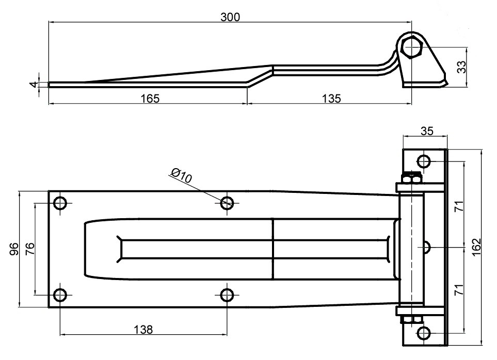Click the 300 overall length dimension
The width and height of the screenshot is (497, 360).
click(230, 17)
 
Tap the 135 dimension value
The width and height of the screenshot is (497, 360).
click(331, 97)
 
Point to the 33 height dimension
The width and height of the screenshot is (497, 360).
click(462, 67)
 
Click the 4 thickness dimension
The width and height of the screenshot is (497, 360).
click(33, 84)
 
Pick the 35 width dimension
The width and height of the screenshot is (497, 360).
click(427, 131)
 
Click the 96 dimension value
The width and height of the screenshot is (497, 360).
click(15, 249)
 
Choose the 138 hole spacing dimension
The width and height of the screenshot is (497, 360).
click(143, 330)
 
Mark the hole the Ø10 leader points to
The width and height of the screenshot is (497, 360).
click(227, 203)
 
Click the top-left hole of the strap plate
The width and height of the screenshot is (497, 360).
click(60, 203)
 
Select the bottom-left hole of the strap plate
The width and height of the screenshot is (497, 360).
click(60, 295)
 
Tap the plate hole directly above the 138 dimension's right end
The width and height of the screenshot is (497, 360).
click(227, 295)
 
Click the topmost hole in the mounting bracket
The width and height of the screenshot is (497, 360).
click(424, 161)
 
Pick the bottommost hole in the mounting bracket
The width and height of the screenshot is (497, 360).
click(424, 333)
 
